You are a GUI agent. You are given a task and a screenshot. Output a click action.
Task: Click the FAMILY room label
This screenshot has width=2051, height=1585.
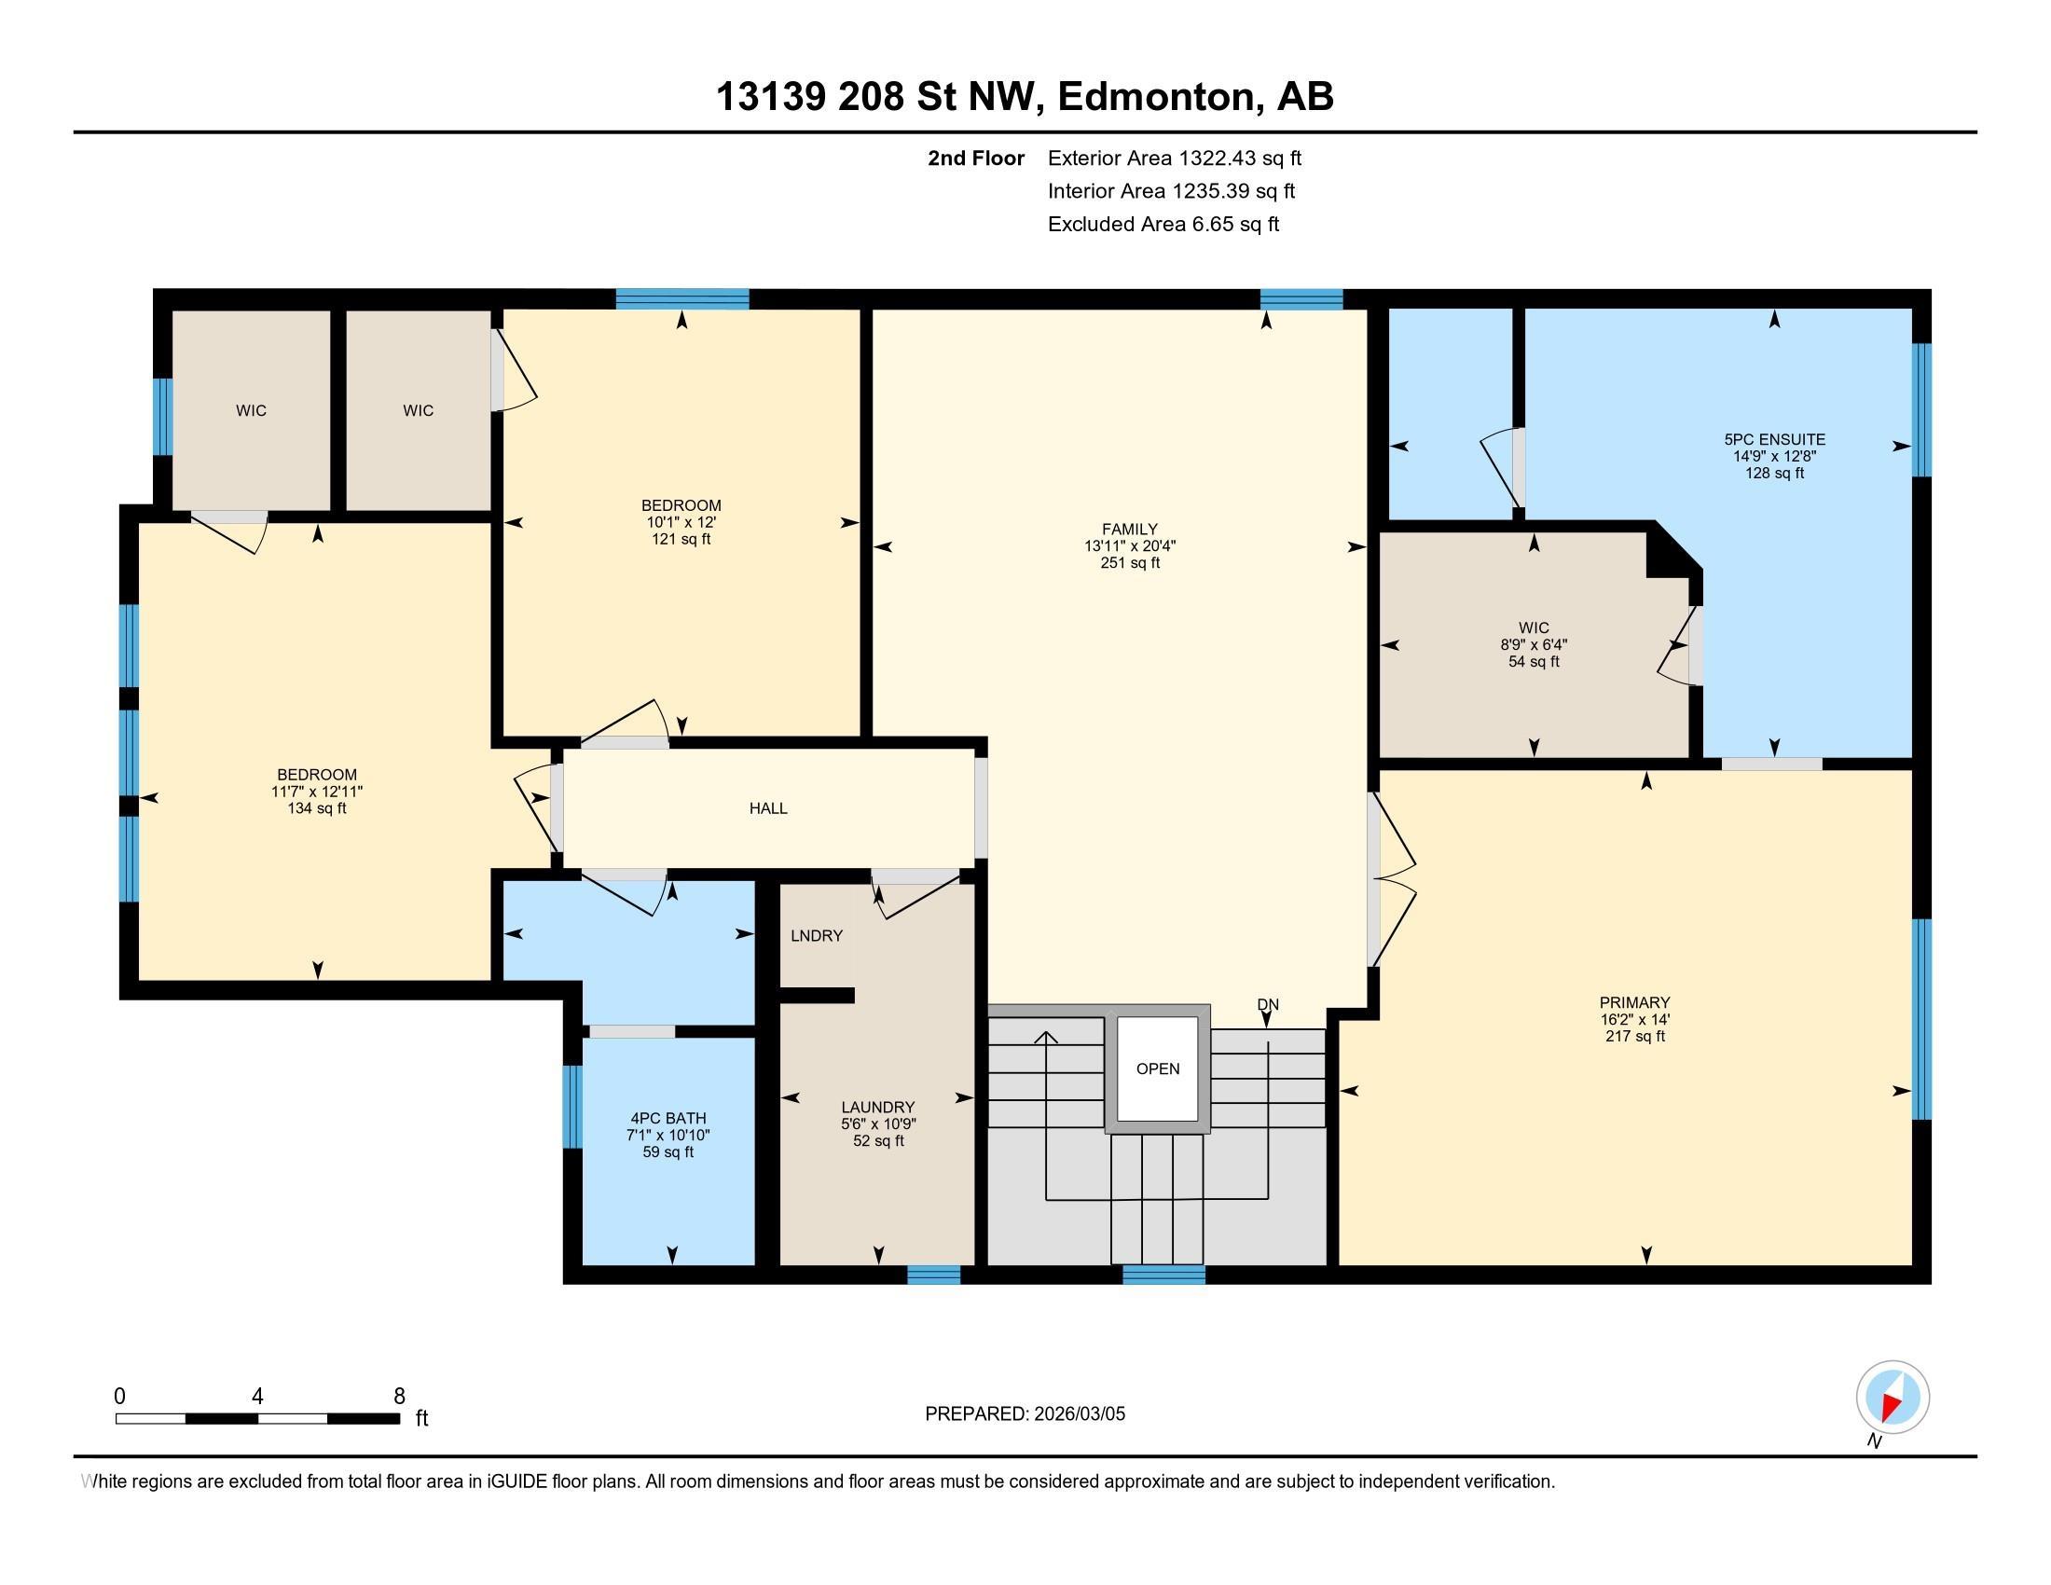[1130, 529]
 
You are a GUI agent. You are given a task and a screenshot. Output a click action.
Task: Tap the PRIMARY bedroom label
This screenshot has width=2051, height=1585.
[1635, 1002]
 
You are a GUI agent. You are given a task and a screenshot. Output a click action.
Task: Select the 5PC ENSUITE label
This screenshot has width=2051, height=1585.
[1775, 438]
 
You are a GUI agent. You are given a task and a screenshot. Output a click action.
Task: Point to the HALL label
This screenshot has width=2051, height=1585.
[768, 807]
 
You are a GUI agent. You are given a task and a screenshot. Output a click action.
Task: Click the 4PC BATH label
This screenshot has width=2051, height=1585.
[668, 1117]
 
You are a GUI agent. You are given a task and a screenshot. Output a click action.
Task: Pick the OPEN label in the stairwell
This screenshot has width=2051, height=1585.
[1158, 1068]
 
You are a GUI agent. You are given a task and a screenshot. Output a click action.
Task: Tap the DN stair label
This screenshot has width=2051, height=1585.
[1268, 1004]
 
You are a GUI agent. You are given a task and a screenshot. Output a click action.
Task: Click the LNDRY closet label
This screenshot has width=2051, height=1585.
[817, 935]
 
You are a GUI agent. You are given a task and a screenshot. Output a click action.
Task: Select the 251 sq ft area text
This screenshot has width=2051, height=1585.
[1130, 562]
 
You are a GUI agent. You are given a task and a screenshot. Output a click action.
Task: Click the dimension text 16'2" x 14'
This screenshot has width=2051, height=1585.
[1635, 1019]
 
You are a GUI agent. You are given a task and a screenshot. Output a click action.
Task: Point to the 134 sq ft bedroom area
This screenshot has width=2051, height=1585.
[317, 807]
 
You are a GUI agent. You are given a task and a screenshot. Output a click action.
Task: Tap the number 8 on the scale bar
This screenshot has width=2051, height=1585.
[399, 1397]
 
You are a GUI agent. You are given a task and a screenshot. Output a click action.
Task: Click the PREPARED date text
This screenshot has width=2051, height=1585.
[1025, 1413]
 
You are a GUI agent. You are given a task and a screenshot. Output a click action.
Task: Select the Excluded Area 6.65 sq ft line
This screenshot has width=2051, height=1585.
[1163, 224]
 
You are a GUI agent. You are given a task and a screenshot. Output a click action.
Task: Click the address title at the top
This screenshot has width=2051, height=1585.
[1025, 96]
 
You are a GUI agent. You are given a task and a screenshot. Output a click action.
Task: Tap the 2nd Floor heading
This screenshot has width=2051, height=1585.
[976, 158]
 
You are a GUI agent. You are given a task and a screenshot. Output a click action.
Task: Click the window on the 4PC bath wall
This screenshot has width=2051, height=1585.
[571, 1106]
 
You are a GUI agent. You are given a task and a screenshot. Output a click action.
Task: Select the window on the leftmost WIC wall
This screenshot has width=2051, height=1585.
[162, 416]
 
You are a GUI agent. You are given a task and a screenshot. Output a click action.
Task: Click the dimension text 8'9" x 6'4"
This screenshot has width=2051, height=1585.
[1534, 644]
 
